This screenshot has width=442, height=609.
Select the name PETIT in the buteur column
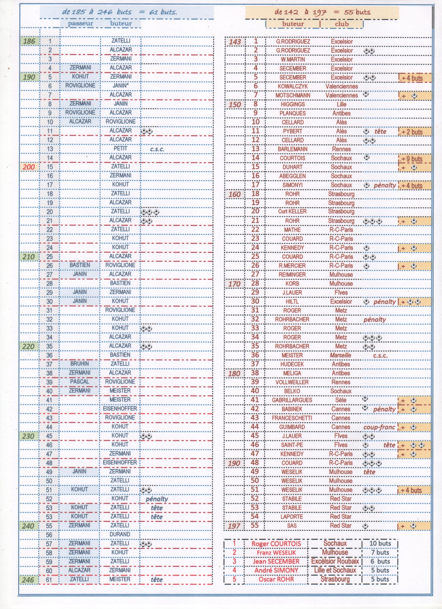click(120, 149)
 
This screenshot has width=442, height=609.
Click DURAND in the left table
click(120, 534)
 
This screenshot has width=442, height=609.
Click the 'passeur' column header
click(80, 23)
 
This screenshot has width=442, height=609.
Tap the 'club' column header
click(342, 24)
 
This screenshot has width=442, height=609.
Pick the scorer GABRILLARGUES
click(292, 400)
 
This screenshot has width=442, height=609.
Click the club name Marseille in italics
click(340, 355)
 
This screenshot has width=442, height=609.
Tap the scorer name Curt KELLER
click(292, 212)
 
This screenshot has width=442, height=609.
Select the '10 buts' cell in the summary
click(380, 543)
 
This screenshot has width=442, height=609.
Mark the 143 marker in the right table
click(235, 42)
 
